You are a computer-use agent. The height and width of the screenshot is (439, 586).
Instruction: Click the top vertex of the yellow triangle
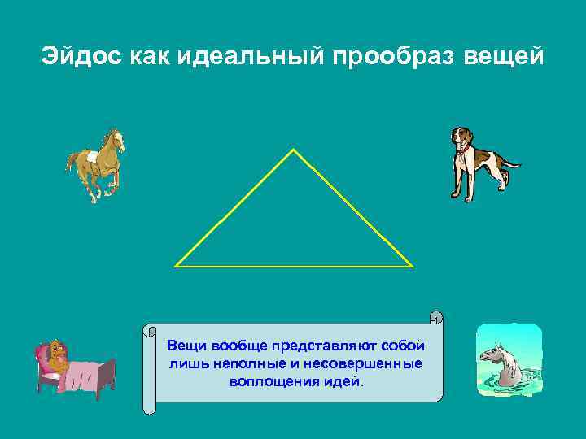[293, 150]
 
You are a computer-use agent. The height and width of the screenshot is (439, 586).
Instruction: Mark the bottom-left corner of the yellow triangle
[177, 265]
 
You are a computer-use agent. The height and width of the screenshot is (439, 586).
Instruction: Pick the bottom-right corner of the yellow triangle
[412, 265]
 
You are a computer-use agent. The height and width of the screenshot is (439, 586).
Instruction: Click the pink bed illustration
[74, 370]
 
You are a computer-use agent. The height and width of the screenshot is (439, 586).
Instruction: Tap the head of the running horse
[116, 140]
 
